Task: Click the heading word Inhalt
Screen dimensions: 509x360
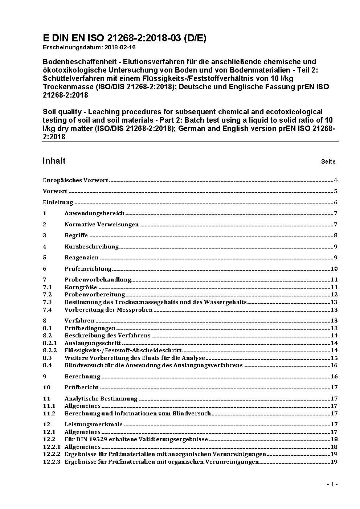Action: pyautogui.click(x=54, y=161)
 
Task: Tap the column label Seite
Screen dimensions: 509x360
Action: pyautogui.click(x=328, y=161)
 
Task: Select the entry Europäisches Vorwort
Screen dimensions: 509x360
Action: pyautogui.click(x=75, y=180)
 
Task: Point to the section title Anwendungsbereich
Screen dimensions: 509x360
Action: pyautogui.click(x=94, y=213)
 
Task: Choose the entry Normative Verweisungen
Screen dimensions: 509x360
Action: pyautogui.click(x=102, y=225)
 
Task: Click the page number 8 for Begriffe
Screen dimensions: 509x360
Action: pyautogui.click(x=336, y=235)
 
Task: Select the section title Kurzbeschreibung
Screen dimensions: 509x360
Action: pyautogui.click(x=91, y=247)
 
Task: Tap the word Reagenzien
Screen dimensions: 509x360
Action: pyautogui.click(x=81, y=258)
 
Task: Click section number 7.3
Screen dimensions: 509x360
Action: pyautogui.click(x=47, y=302)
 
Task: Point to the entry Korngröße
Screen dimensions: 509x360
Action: pyautogui.click(x=81, y=287)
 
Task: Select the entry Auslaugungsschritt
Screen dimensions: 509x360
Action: pyautogui.click(x=93, y=343)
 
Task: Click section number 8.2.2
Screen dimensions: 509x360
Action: pyautogui.click(x=50, y=350)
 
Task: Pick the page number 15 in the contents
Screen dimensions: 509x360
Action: pyautogui.click(x=334, y=358)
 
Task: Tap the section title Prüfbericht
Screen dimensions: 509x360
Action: pyautogui.click(x=81, y=387)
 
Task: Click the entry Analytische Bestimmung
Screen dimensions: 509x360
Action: pyautogui.click(x=101, y=399)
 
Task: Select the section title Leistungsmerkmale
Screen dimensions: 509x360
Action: pyautogui.click(x=94, y=424)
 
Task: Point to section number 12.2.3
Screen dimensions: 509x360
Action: pyautogui.click(x=52, y=462)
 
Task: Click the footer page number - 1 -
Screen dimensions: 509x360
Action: pyautogui.click(x=332, y=484)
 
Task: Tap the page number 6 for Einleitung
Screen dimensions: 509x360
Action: pyautogui.click(x=336, y=202)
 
